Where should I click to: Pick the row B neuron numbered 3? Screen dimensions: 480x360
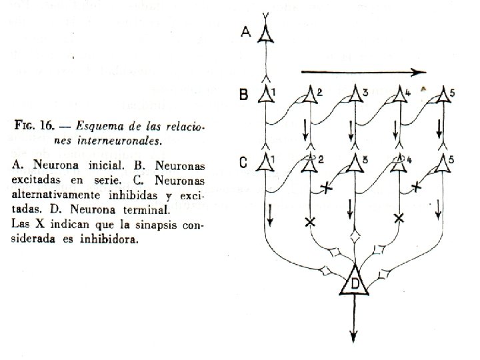pyautogui.click(x=352, y=95)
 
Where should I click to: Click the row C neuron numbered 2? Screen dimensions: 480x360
pyautogui.click(x=309, y=163)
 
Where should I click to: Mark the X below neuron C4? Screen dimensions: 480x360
pyautogui.click(x=399, y=218)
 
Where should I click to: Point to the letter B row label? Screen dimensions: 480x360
pyautogui.click(x=243, y=95)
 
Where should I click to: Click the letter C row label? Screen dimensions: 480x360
pyautogui.click(x=243, y=161)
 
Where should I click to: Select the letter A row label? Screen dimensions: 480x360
pyautogui.click(x=245, y=32)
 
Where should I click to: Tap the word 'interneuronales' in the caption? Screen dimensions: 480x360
pyautogui.click(x=120, y=141)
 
